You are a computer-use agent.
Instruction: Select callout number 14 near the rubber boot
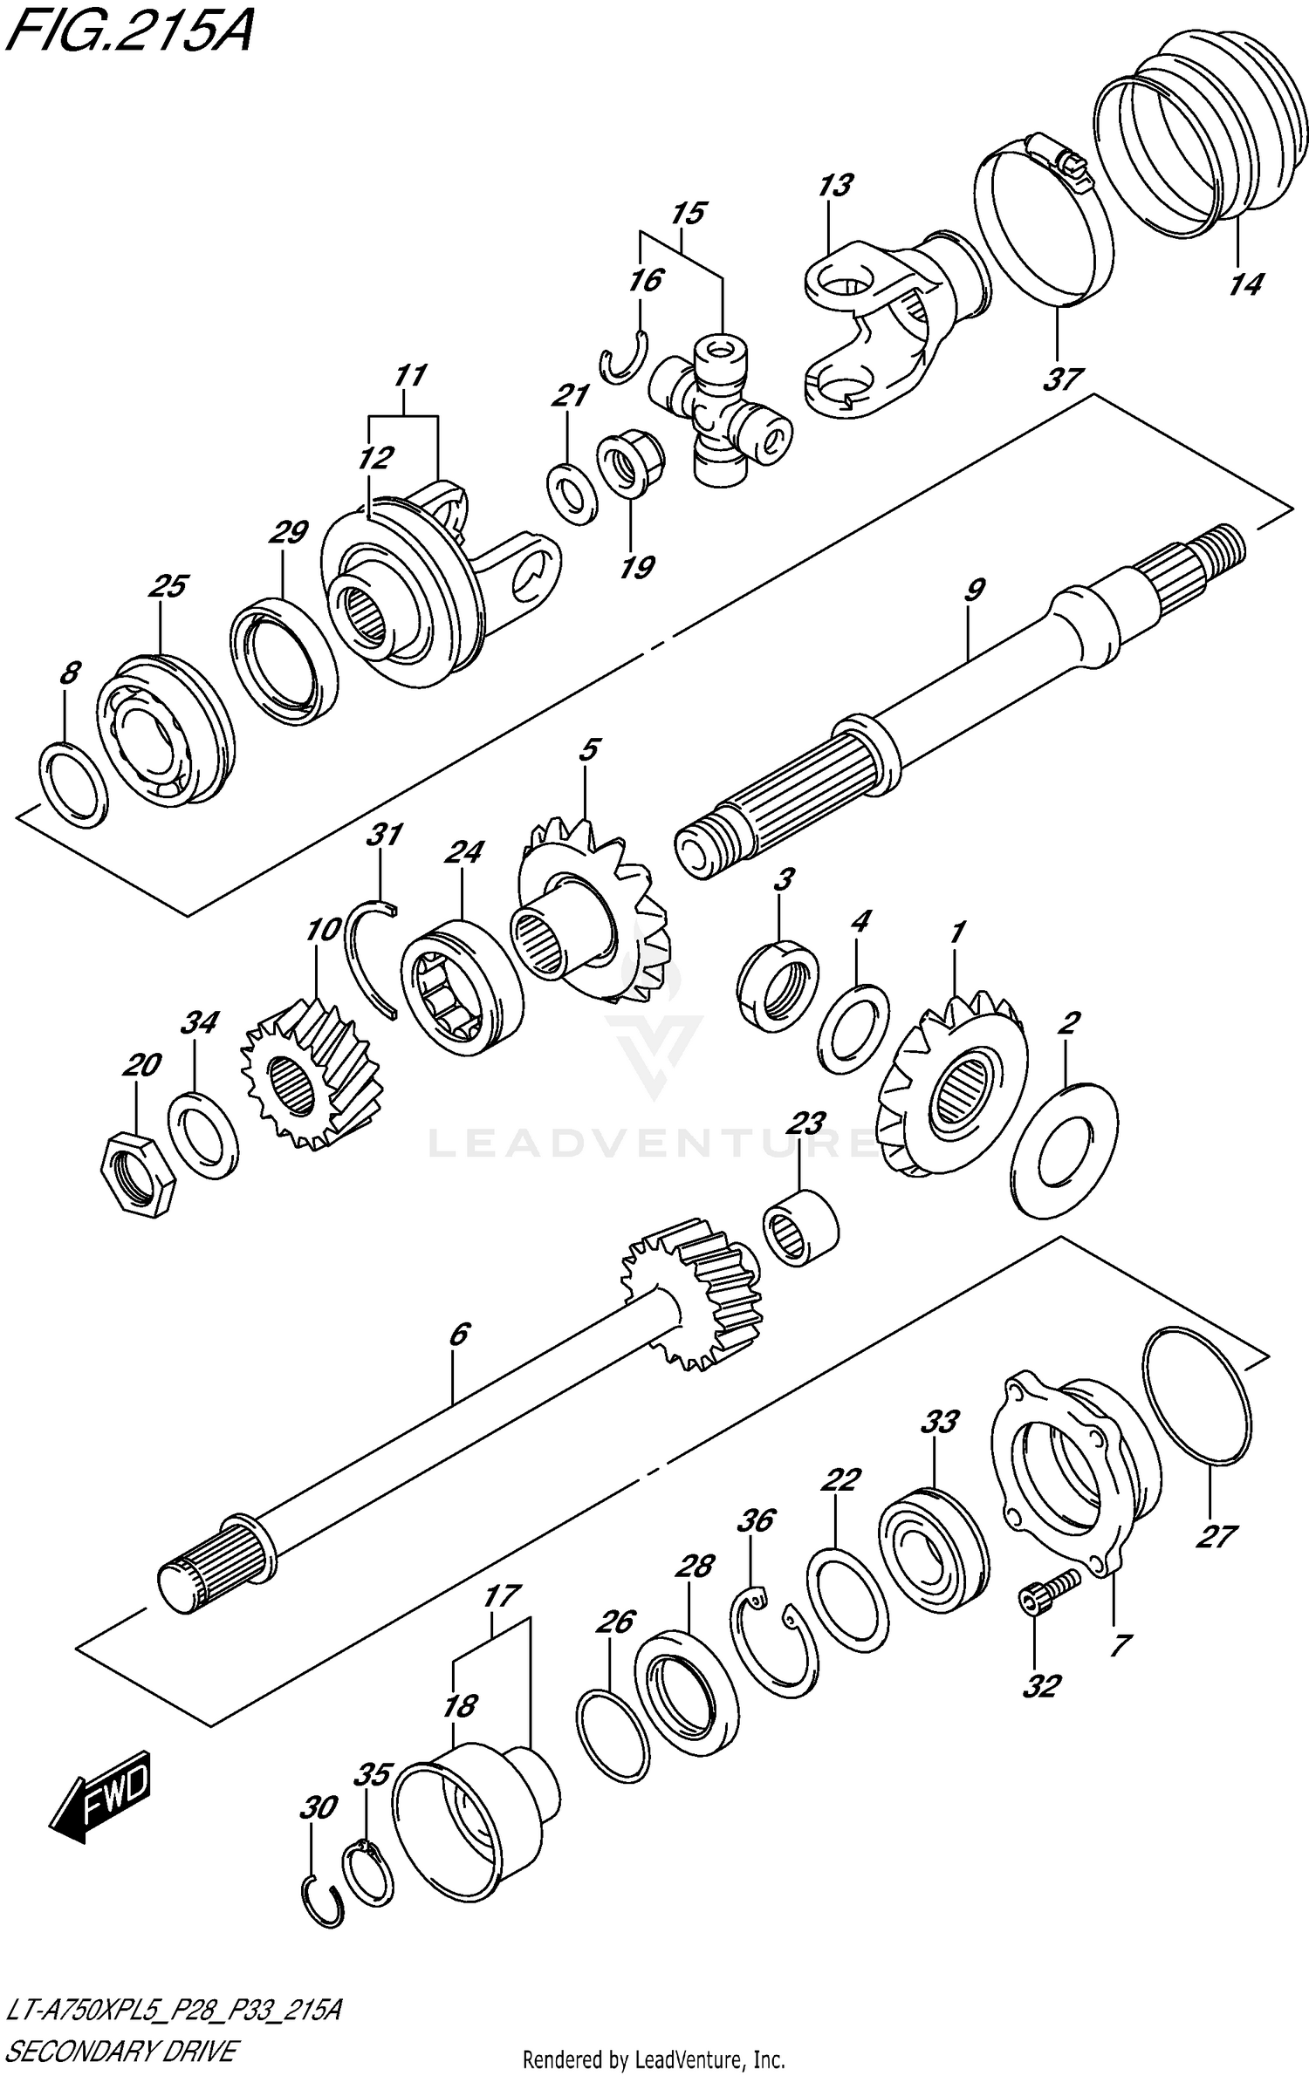(x=1245, y=284)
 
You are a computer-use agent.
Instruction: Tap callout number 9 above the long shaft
(x=974, y=591)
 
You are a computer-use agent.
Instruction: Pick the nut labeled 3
(x=778, y=980)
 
